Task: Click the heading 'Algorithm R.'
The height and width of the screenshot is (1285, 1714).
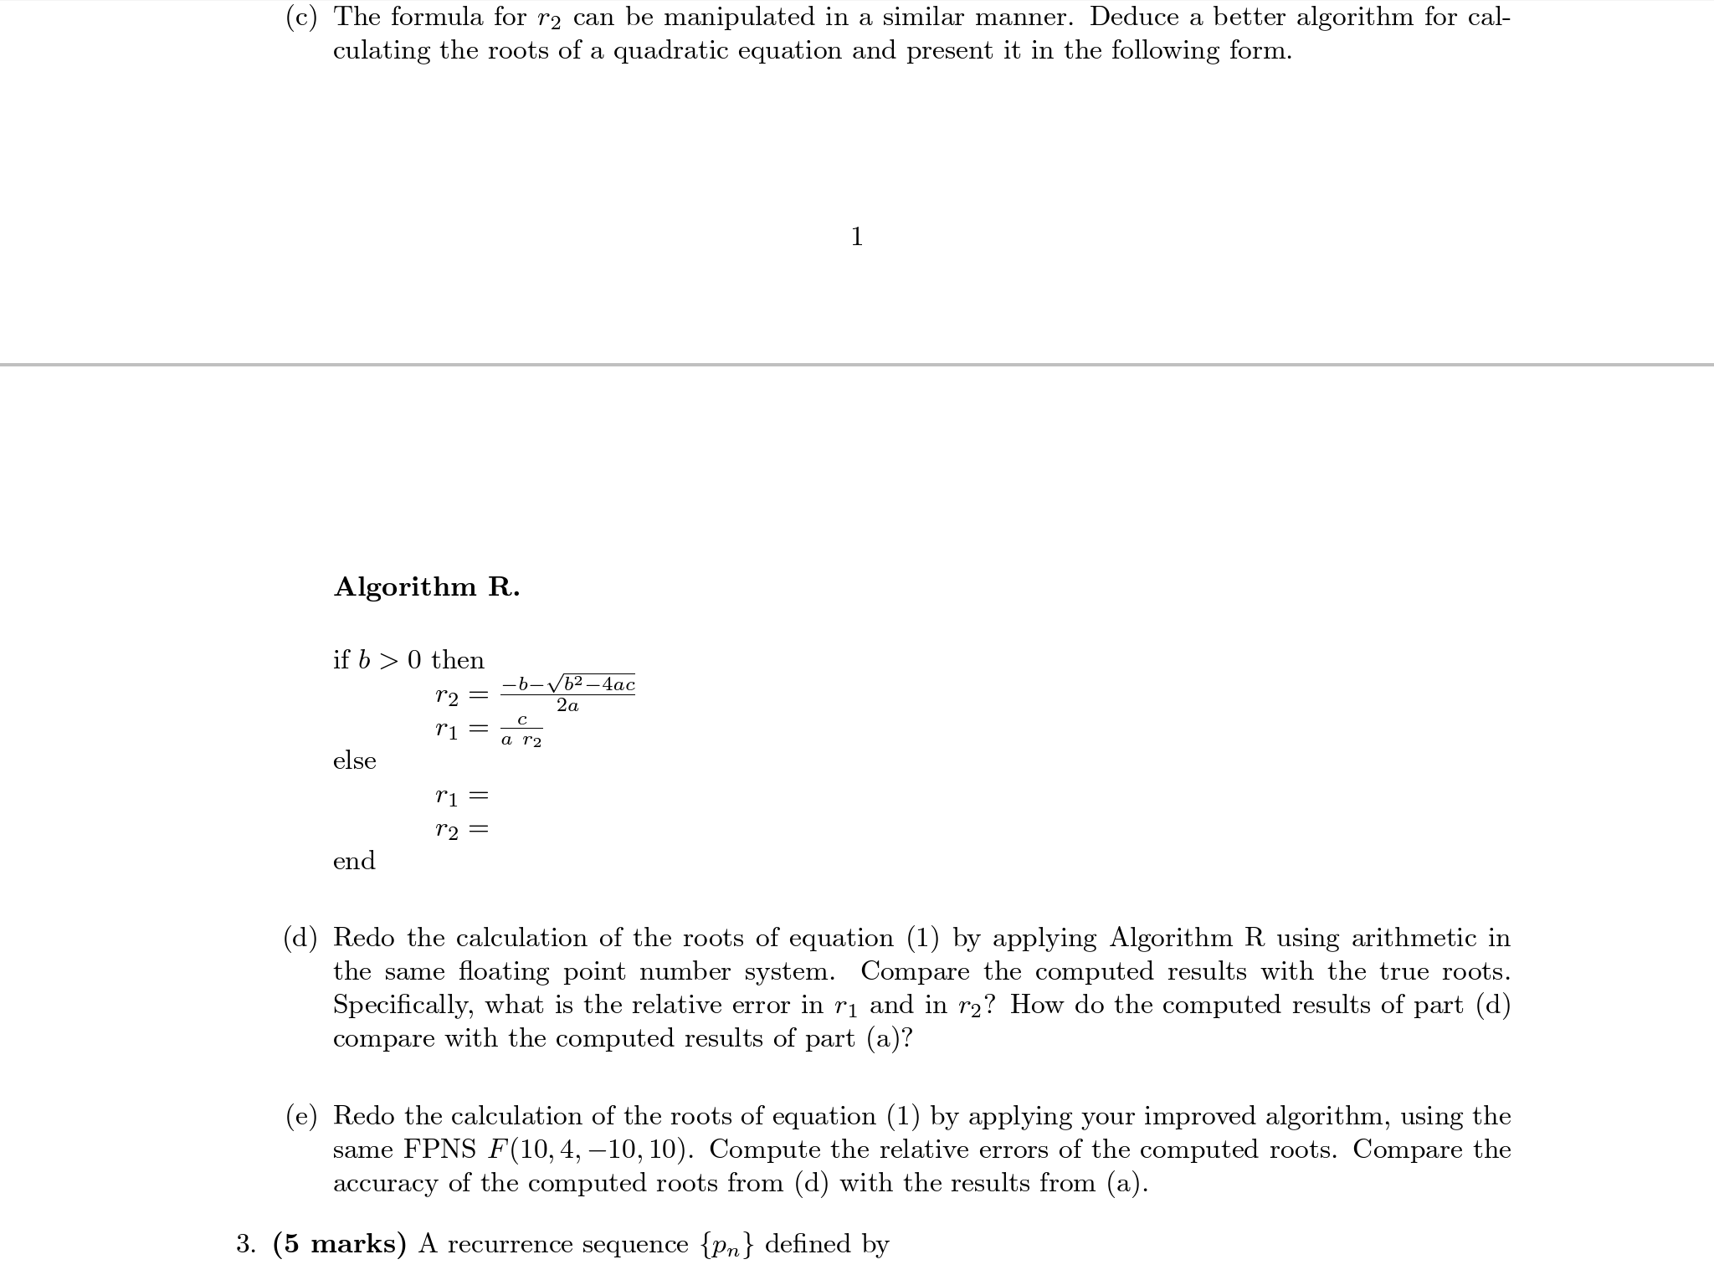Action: click(427, 587)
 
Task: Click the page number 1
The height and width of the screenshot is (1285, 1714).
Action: click(856, 238)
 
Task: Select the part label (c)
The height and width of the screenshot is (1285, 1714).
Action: click(301, 18)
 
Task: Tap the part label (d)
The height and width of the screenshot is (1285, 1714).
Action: click(301, 938)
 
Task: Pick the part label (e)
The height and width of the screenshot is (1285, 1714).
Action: click(301, 1116)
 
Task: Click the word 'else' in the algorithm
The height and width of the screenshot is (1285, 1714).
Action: click(355, 761)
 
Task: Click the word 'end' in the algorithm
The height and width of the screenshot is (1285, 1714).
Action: click(354, 861)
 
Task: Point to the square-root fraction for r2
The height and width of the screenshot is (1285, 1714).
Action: click(568, 694)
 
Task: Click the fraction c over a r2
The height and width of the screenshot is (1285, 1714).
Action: click(521, 730)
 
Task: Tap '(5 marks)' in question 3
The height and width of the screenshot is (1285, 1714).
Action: click(340, 1245)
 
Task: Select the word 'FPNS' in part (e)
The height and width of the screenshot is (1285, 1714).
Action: click(440, 1150)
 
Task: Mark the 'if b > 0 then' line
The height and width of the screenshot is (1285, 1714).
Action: click(408, 660)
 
